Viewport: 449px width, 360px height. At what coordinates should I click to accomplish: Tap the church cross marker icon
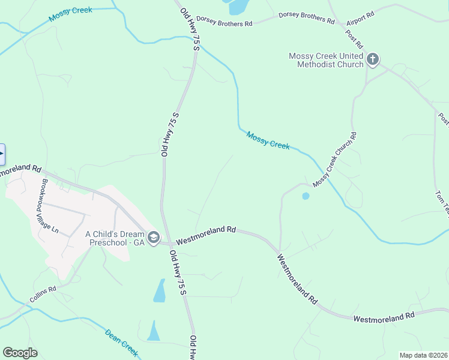pos(373,59)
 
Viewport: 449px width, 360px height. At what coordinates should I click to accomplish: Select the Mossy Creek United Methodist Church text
pos(326,60)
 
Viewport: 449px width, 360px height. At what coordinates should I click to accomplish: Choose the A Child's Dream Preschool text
pos(115,238)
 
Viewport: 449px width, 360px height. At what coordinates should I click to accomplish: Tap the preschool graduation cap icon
pos(154,238)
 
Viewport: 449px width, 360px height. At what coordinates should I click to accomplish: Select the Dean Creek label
pos(122,342)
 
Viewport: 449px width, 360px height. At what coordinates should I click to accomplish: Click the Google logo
pos(20,353)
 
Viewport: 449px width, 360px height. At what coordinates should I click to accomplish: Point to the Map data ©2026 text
pos(423,355)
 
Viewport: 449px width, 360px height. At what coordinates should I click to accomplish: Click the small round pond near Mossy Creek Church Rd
pos(306,196)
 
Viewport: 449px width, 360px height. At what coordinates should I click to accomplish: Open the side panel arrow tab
pos(2,154)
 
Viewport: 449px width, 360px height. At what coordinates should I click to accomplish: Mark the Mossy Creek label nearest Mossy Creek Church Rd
pos(268,141)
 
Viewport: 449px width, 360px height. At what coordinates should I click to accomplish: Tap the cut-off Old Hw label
pos(193,348)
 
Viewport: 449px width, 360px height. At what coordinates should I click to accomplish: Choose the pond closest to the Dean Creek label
pos(154,331)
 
